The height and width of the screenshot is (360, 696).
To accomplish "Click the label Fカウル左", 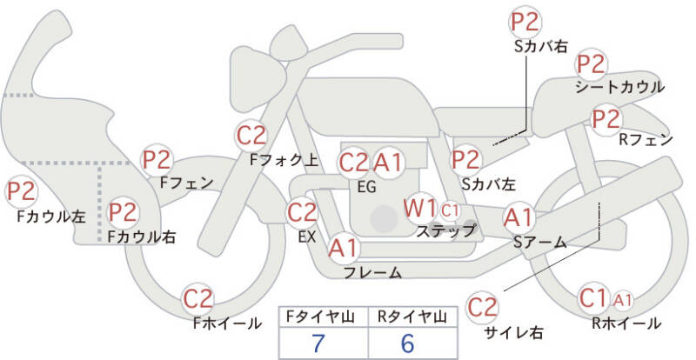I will pyautogui.click(x=50, y=216).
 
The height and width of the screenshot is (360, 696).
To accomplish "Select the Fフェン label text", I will pyautogui.click(x=187, y=183).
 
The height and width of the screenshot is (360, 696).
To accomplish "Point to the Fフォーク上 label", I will pyautogui.click(x=284, y=160).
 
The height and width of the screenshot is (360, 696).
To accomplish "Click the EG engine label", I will pyautogui.click(x=366, y=185).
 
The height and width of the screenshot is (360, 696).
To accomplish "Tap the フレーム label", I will pyautogui.click(x=372, y=272).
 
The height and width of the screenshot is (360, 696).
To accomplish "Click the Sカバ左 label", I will pyautogui.click(x=488, y=184).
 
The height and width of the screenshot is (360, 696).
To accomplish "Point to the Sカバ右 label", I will pyautogui.click(x=540, y=46).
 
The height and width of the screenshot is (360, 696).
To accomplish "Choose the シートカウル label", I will pyautogui.click(x=619, y=87).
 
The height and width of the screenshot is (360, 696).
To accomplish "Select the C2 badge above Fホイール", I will pyautogui.click(x=198, y=299).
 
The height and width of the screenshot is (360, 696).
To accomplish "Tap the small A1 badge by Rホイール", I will pyautogui.click(x=622, y=300).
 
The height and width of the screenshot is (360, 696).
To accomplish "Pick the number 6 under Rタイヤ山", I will pyautogui.click(x=407, y=342).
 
